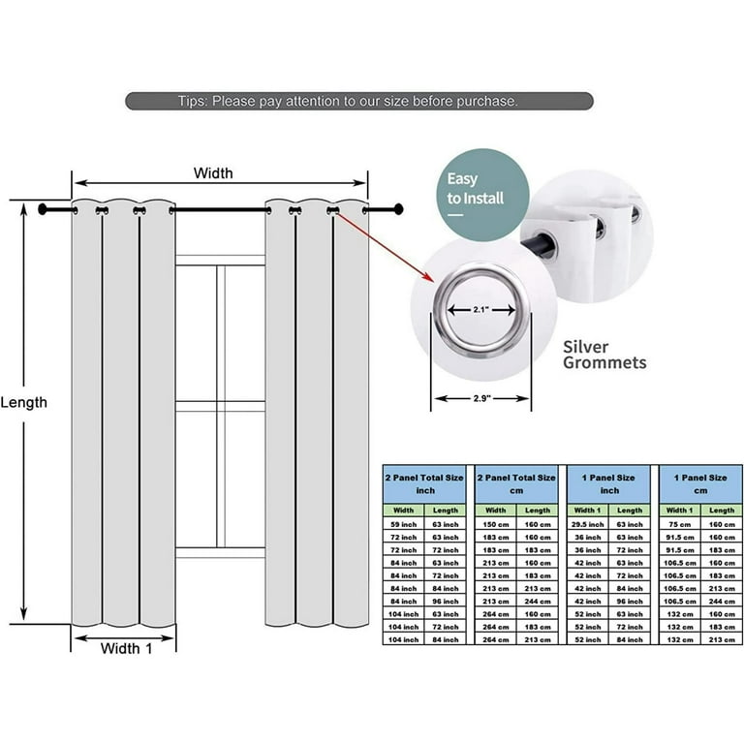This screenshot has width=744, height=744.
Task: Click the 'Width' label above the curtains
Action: click(213, 174)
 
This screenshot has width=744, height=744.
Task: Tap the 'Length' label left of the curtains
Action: click(24, 402)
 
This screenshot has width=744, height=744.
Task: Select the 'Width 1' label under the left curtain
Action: click(127, 650)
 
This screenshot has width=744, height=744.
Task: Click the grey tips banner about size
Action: click(358, 101)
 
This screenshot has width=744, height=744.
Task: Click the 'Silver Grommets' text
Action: click(604, 354)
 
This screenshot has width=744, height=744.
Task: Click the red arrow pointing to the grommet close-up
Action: click(382, 247)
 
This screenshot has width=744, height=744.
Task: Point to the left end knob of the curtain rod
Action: click(44, 209)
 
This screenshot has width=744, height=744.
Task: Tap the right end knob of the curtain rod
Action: click(397, 209)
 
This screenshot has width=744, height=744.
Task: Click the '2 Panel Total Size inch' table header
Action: click(425, 483)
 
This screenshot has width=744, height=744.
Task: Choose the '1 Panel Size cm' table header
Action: click(699, 483)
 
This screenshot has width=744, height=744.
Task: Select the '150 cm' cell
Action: click(495, 524)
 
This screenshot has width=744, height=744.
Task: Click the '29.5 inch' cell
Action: click(587, 524)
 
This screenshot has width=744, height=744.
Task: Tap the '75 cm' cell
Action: click(678, 524)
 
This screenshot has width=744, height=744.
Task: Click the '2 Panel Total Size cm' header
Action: click(516, 483)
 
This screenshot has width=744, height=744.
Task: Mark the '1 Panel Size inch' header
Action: click(607, 483)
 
